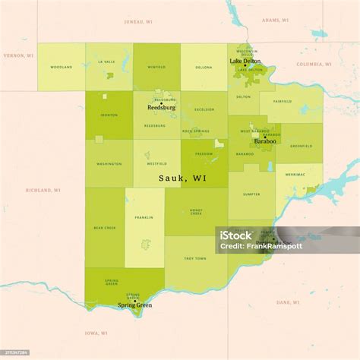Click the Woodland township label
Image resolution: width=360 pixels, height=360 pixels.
point(61,68)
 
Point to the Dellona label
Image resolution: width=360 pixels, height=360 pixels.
point(204,68)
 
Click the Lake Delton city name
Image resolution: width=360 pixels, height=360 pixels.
point(245,62)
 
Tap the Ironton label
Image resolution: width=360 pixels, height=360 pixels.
point(109,115)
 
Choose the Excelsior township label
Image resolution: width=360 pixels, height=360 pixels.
point(204,109)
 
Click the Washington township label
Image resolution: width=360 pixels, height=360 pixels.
point(109,163)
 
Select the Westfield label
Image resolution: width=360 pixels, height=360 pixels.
point(156,163)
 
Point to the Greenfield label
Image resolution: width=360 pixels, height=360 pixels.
point(301,146)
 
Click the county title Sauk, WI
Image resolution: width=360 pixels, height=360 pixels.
point(182,178)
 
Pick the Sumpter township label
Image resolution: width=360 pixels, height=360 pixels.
point(251,194)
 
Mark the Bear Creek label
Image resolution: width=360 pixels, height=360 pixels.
point(104,226)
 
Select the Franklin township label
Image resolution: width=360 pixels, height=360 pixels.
point(144,218)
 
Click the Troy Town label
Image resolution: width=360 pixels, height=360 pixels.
point(195,259)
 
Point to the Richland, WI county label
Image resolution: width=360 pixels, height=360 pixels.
point(43,190)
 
